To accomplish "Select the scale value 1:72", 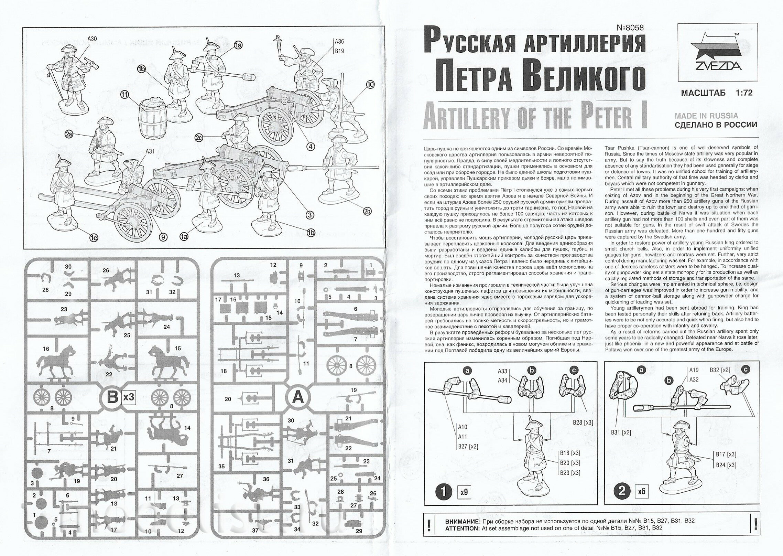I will click(743, 93).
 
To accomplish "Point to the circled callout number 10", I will click(370, 84).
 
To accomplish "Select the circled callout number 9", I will click(163, 237).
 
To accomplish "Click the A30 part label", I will click(92, 39).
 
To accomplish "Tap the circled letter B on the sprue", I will click(112, 398).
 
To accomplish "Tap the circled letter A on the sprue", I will click(297, 398).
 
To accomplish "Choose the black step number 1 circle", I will click(444, 492).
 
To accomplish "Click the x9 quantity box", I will click(464, 492).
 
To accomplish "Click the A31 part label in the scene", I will click(150, 151).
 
